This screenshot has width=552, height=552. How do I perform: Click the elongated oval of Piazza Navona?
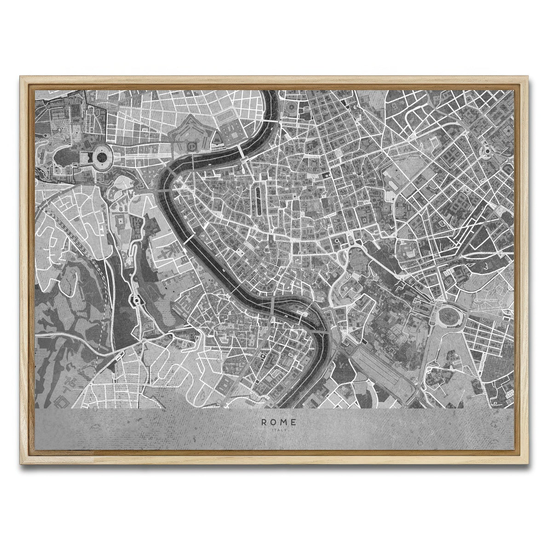point(258,195)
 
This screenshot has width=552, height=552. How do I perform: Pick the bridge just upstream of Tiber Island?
point(273,305)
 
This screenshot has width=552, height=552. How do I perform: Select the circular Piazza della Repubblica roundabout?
point(486,150)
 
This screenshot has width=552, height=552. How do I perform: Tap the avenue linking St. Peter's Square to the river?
point(138,159)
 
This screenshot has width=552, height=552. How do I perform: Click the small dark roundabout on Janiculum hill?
point(136,301)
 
